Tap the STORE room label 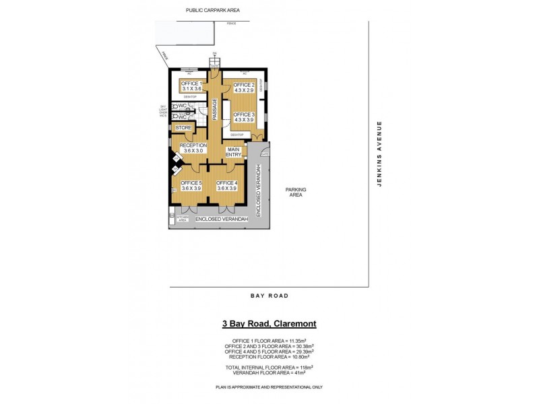tap(184, 127)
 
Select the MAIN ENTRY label tap(234, 151)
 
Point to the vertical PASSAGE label tap(215, 109)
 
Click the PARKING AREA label tap(296, 193)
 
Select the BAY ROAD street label tap(269, 296)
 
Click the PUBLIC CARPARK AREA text tap(213, 10)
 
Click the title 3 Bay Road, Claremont tap(269, 324)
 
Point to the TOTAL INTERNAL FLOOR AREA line tap(269, 367)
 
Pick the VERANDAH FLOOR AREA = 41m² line tap(269, 372)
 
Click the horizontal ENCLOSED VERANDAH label tap(222, 220)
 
